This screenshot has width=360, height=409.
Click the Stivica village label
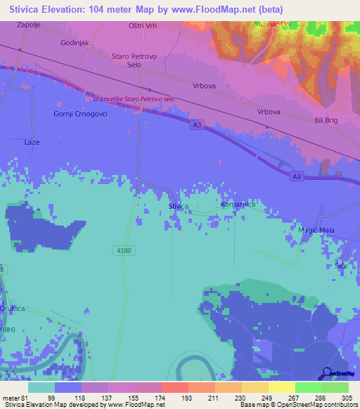[x=178, y=206]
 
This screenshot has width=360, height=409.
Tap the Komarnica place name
[x=238, y=204]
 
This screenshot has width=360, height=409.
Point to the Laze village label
[x=32, y=142]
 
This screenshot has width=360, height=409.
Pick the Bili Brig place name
[x=328, y=120]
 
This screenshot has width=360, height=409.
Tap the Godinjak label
[x=74, y=42]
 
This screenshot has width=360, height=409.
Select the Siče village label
[x=341, y=266]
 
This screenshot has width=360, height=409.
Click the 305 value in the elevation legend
[x=347, y=398]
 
